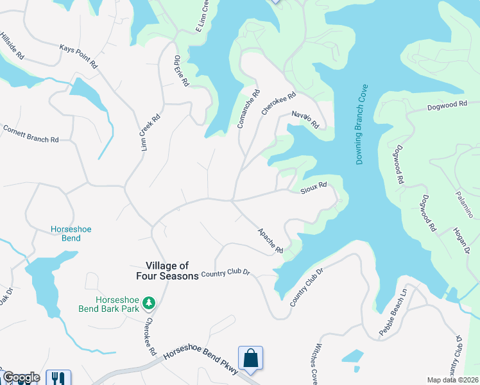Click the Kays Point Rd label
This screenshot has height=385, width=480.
78,56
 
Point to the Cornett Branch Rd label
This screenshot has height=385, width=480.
31,133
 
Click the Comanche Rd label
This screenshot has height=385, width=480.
248,109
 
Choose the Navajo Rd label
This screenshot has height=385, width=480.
305,119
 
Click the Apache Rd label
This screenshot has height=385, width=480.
270,240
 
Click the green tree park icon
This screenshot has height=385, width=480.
149,302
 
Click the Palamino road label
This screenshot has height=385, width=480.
465,201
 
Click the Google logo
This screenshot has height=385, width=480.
21,377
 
